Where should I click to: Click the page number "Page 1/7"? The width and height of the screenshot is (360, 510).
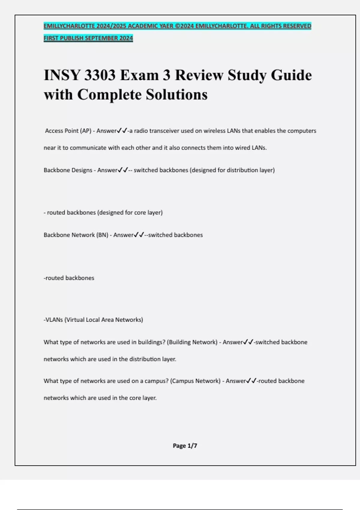(185, 446)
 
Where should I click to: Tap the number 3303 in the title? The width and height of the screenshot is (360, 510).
(100, 75)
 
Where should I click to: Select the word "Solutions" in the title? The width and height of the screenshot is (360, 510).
(177, 94)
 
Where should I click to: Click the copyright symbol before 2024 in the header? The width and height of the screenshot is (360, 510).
(177, 26)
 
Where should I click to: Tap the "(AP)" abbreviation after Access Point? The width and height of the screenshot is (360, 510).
(85, 131)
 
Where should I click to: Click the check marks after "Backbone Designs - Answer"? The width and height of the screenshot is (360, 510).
(123, 170)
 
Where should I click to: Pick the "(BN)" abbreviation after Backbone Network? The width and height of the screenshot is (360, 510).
(102, 235)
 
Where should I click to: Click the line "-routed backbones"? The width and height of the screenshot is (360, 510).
(69, 278)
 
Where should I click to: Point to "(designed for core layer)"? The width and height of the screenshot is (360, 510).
(130, 213)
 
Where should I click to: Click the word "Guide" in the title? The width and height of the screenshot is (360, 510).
(291, 75)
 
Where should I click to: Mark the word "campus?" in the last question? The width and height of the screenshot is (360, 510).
(156, 381)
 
